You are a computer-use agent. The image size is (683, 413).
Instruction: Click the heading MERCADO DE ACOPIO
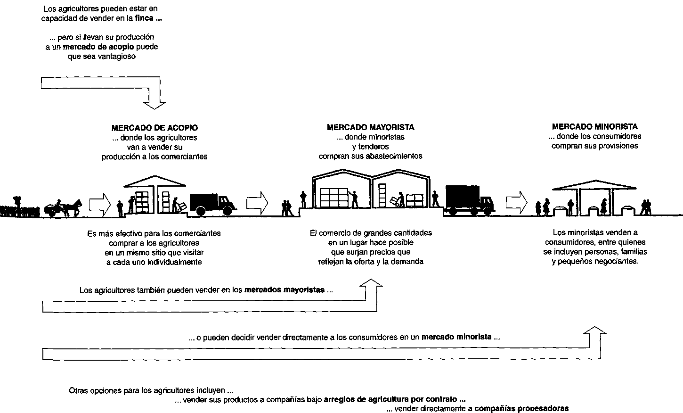[x=154, y=128]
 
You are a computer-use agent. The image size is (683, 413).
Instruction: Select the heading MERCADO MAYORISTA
[x=370, y=127]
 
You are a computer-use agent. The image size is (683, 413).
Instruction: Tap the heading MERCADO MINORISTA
[x=594, y=127]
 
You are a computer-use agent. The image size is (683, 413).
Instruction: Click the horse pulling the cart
[x=72, y=206]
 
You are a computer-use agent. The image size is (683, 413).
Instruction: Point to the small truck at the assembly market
[x=211, y=204]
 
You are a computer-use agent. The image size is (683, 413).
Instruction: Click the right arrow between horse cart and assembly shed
[x=99, y=204]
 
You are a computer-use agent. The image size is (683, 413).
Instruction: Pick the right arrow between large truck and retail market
[x=516, y=202]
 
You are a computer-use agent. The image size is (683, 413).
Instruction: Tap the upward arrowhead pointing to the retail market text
[x=595, y=331]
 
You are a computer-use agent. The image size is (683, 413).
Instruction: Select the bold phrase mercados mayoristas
[x=285, y=290]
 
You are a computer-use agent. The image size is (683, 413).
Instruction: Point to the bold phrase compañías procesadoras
[x=521, y=408]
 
